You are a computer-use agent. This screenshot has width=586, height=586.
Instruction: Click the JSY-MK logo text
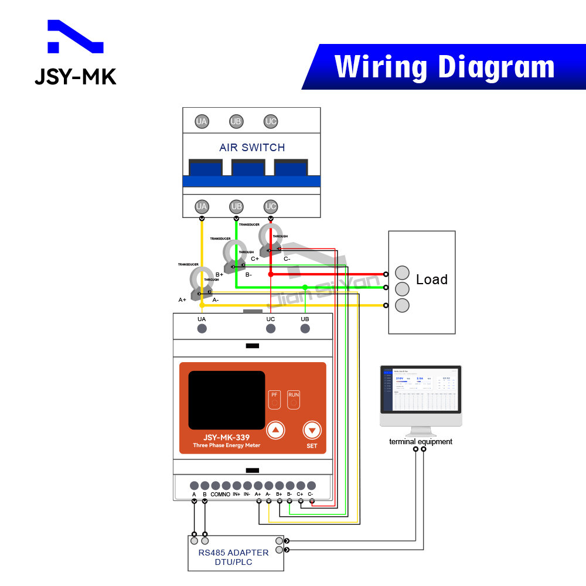click(x=75, y=77)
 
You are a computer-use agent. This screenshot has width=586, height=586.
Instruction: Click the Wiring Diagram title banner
click(x=444, y=66)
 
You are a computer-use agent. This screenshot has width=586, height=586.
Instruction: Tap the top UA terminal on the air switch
click(x=202, y=122)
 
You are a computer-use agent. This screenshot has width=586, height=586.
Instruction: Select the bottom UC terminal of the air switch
click(x=270, y=206)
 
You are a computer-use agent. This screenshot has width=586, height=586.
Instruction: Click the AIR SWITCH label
click(x=252, y=148)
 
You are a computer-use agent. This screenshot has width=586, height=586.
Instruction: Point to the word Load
click(x=431, y=280)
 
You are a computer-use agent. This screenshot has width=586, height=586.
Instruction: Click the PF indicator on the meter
click(x=274, y=399)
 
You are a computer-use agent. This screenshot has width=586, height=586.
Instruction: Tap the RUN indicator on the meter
click(x=294, y=399)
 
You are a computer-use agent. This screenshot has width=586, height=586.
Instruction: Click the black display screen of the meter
click(x=226, y=400)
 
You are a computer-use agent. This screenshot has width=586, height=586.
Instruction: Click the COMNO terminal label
click(x=220, y=495)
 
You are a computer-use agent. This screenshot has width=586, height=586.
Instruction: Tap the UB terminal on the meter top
click(x=305, y=328)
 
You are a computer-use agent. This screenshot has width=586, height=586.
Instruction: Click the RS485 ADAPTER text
click(x=233, y=553)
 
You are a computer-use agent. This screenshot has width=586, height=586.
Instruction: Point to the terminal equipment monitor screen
click(x=421, y=390)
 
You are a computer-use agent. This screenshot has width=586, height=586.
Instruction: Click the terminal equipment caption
click(x=421, y=442)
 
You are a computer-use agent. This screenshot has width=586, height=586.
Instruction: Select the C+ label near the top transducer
click(x=255, y=258)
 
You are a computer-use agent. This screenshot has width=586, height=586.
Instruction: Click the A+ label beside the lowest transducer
click(x=182, y=299)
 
